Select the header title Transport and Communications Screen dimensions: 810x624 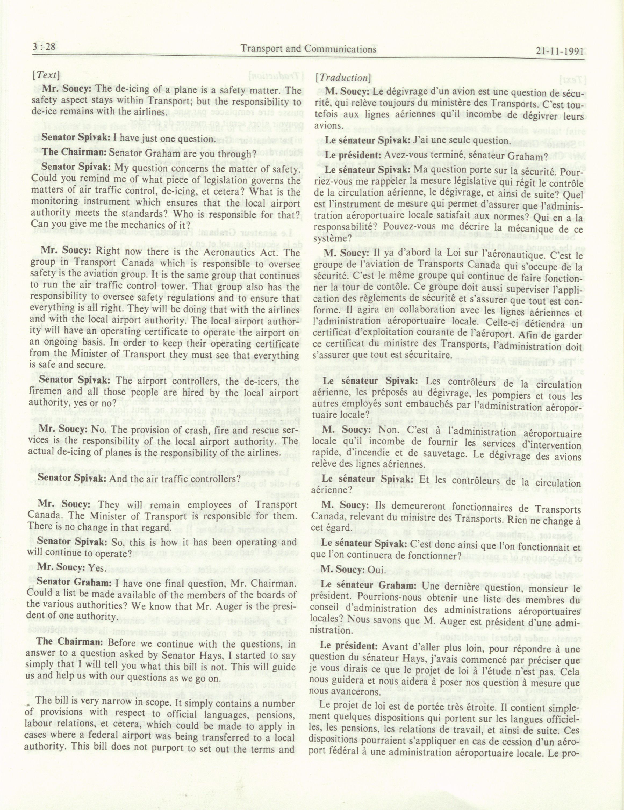pyautogui.click(x=309, y=49)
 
